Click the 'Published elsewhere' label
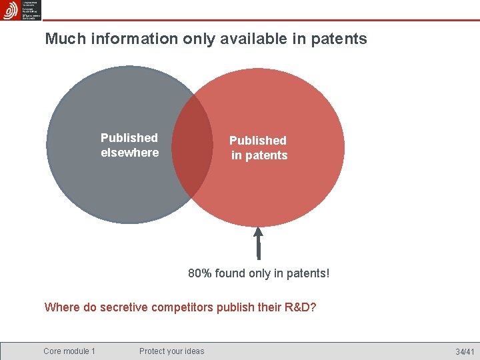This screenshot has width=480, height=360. (129, 145)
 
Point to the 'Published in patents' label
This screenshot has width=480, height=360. (258, 148)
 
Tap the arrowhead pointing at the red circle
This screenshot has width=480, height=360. (259, 234)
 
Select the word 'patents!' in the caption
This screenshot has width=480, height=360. (309, 273)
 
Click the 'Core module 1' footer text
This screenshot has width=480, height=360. (69, 351)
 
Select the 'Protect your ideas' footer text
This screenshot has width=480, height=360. (172, 351)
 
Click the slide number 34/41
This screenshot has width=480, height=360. (465, 351)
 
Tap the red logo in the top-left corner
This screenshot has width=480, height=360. (10, 10)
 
